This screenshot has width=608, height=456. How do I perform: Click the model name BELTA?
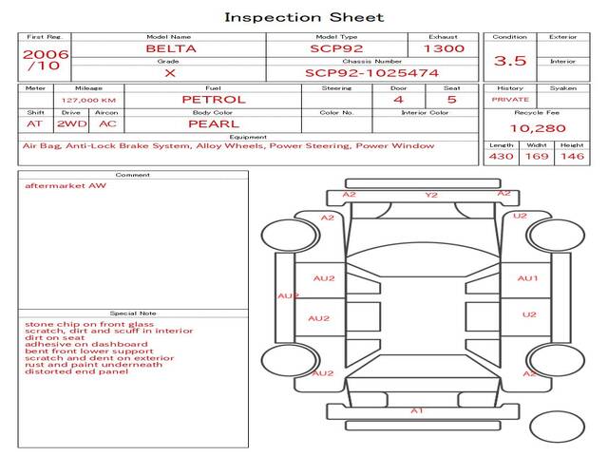click(x=171, y=48)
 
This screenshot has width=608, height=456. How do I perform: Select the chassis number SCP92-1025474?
click(x=371, y=73)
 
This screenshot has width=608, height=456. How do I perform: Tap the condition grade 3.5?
click(x=510, y=61)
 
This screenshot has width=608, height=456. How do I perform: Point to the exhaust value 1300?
click(x=444, y=48)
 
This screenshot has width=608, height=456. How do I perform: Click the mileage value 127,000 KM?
click(x=88, y=100)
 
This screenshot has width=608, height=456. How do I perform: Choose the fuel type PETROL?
click(x=214, y=99)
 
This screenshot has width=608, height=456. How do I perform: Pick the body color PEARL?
click(x=214, y=123)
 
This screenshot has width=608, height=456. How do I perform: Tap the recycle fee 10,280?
click(x=538, y=128)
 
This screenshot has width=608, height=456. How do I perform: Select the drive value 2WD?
click(x=72, y=123)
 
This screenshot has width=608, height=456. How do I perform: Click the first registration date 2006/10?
click(x=45, y=60)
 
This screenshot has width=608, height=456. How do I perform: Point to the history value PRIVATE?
click(x=510, y=100)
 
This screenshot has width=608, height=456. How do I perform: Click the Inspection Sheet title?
click(x=304, y=17)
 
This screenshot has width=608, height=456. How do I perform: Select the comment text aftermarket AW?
click(x=66, y=185)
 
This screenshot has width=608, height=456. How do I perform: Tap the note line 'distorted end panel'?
click(x=76, y=371)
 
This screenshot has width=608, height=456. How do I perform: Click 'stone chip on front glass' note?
click(x=89, y=324)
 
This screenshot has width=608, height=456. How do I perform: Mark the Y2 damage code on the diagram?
click(x=431, y=195)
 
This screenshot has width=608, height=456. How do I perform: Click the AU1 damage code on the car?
click(x=528, y=278)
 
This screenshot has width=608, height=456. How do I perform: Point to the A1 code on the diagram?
click(x=417, y=410)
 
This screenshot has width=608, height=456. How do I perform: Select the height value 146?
click(x=572, y=156)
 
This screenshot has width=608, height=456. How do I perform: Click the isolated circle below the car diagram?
click(x=557, y=427)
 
